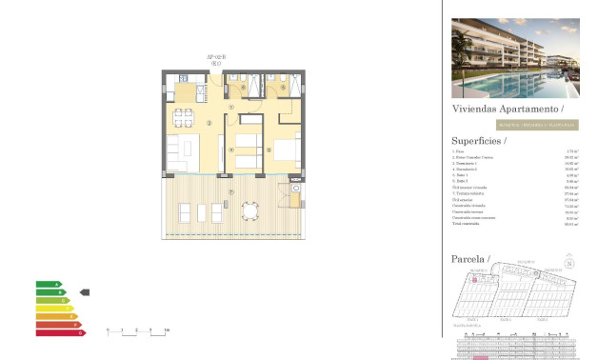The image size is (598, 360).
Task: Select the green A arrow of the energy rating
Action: pos(49,284)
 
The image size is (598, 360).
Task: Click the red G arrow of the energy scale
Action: pos(60,332)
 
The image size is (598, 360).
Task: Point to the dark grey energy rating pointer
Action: pos(84,292)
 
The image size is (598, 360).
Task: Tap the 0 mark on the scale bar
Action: pos(108,330)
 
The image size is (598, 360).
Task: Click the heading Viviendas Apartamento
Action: pos(499,110)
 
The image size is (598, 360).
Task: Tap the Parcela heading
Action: pos(468,259)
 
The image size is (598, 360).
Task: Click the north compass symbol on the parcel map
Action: pos(569,264)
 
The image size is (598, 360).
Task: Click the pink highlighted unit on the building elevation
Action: pos(482,357)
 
